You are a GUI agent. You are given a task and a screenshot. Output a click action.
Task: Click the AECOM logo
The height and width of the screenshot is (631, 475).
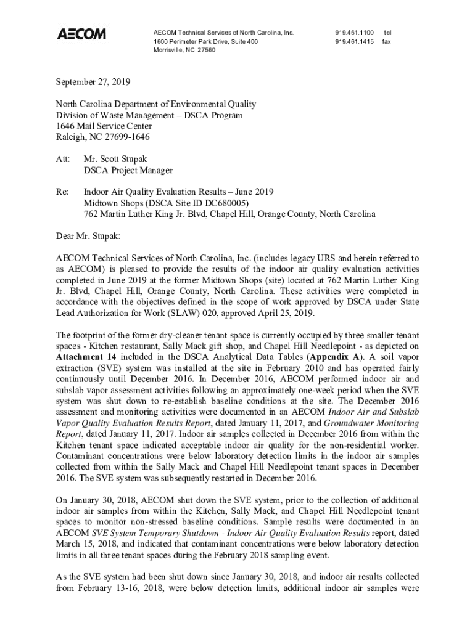pyautogui.click(x=81, y=34)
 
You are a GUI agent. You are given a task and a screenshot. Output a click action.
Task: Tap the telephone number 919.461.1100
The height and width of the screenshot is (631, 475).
pyautogui.click(x=355, y=31)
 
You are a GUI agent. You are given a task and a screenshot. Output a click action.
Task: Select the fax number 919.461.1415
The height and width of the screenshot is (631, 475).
pyautogui.click(x=355, y=41)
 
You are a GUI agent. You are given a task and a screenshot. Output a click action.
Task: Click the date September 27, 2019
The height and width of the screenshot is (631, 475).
pyautogui.click(x=93, y=81)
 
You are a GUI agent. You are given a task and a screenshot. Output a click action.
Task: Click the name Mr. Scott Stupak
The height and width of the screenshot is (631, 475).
pyautogui.click(x=115, y=159)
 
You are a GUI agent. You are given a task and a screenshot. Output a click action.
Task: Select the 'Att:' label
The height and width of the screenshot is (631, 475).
pyautogui.click(x=63, y=159)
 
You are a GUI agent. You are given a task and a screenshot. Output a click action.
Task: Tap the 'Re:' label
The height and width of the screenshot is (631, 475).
pyautogui.click(x=62, y=192)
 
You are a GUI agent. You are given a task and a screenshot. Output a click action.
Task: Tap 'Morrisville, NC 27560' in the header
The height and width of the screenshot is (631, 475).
pyautogui.click(x=184, y=51)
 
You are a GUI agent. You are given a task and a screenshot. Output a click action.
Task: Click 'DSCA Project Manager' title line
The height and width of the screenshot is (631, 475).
pyautogui.click(x=128, y=170)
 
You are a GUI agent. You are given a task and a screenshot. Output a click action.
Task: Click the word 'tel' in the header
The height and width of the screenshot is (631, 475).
pyautogui.click(x=387, y=31)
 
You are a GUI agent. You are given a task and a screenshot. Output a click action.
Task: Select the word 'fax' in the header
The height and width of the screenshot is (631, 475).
pyautogui.click(x=387, y=41)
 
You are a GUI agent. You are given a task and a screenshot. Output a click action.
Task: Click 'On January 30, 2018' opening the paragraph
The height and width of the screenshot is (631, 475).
pyautogui.click(x=96, y=500)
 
